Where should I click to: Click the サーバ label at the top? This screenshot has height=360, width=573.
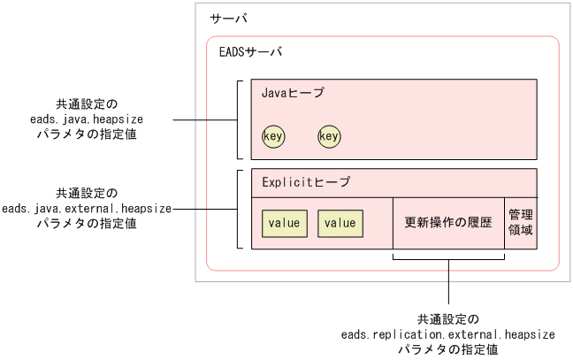pos(228,19)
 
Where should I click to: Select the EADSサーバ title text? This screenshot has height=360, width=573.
pos(250,52)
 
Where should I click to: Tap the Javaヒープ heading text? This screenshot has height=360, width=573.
pos(293,92)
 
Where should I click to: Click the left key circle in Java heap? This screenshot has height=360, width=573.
pos(273,136)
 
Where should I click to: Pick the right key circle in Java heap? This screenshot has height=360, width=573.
pos(329,136)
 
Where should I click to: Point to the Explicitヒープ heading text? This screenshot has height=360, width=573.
pos(305,182)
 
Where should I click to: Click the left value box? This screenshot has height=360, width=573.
pos(284,223)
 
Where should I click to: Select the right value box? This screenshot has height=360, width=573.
pos(340,223)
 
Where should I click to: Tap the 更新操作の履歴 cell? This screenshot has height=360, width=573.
pos(447,223)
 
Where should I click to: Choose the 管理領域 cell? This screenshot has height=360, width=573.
pos(520,223)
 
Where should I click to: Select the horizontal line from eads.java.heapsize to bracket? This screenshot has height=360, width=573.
pos(203,119)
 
